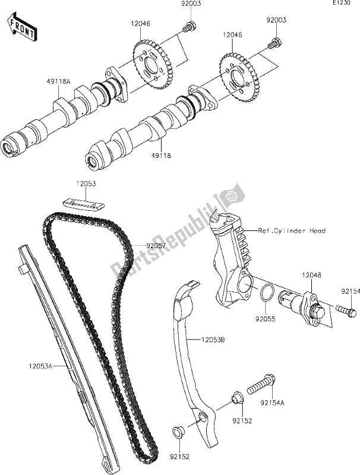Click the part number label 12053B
[202, 340]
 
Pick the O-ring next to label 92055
[267, 293]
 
